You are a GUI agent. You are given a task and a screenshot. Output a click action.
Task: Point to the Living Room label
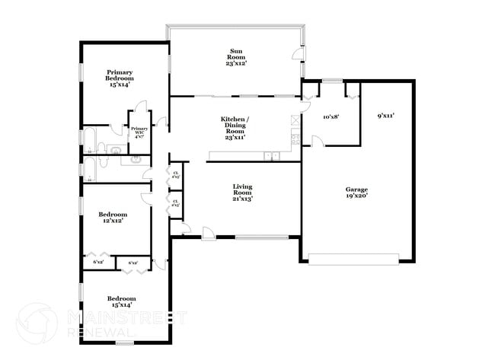click(242, 192)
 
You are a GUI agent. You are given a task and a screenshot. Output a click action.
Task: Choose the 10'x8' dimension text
click(331, 117)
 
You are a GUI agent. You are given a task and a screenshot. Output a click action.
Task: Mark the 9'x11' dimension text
click(385, 116)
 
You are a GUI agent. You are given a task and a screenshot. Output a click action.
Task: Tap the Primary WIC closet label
click(139, 132)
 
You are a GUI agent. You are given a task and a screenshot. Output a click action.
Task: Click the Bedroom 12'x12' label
click(111, 216)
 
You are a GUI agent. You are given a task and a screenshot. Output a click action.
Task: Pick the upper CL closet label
click(175, 174)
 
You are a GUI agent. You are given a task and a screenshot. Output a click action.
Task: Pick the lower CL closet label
click(175, 202)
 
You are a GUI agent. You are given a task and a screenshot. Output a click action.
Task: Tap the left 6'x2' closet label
click(98, 263)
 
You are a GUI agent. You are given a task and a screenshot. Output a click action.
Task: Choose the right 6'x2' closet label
click(133, 263)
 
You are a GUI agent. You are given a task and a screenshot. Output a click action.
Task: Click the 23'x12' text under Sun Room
click(237, 63)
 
